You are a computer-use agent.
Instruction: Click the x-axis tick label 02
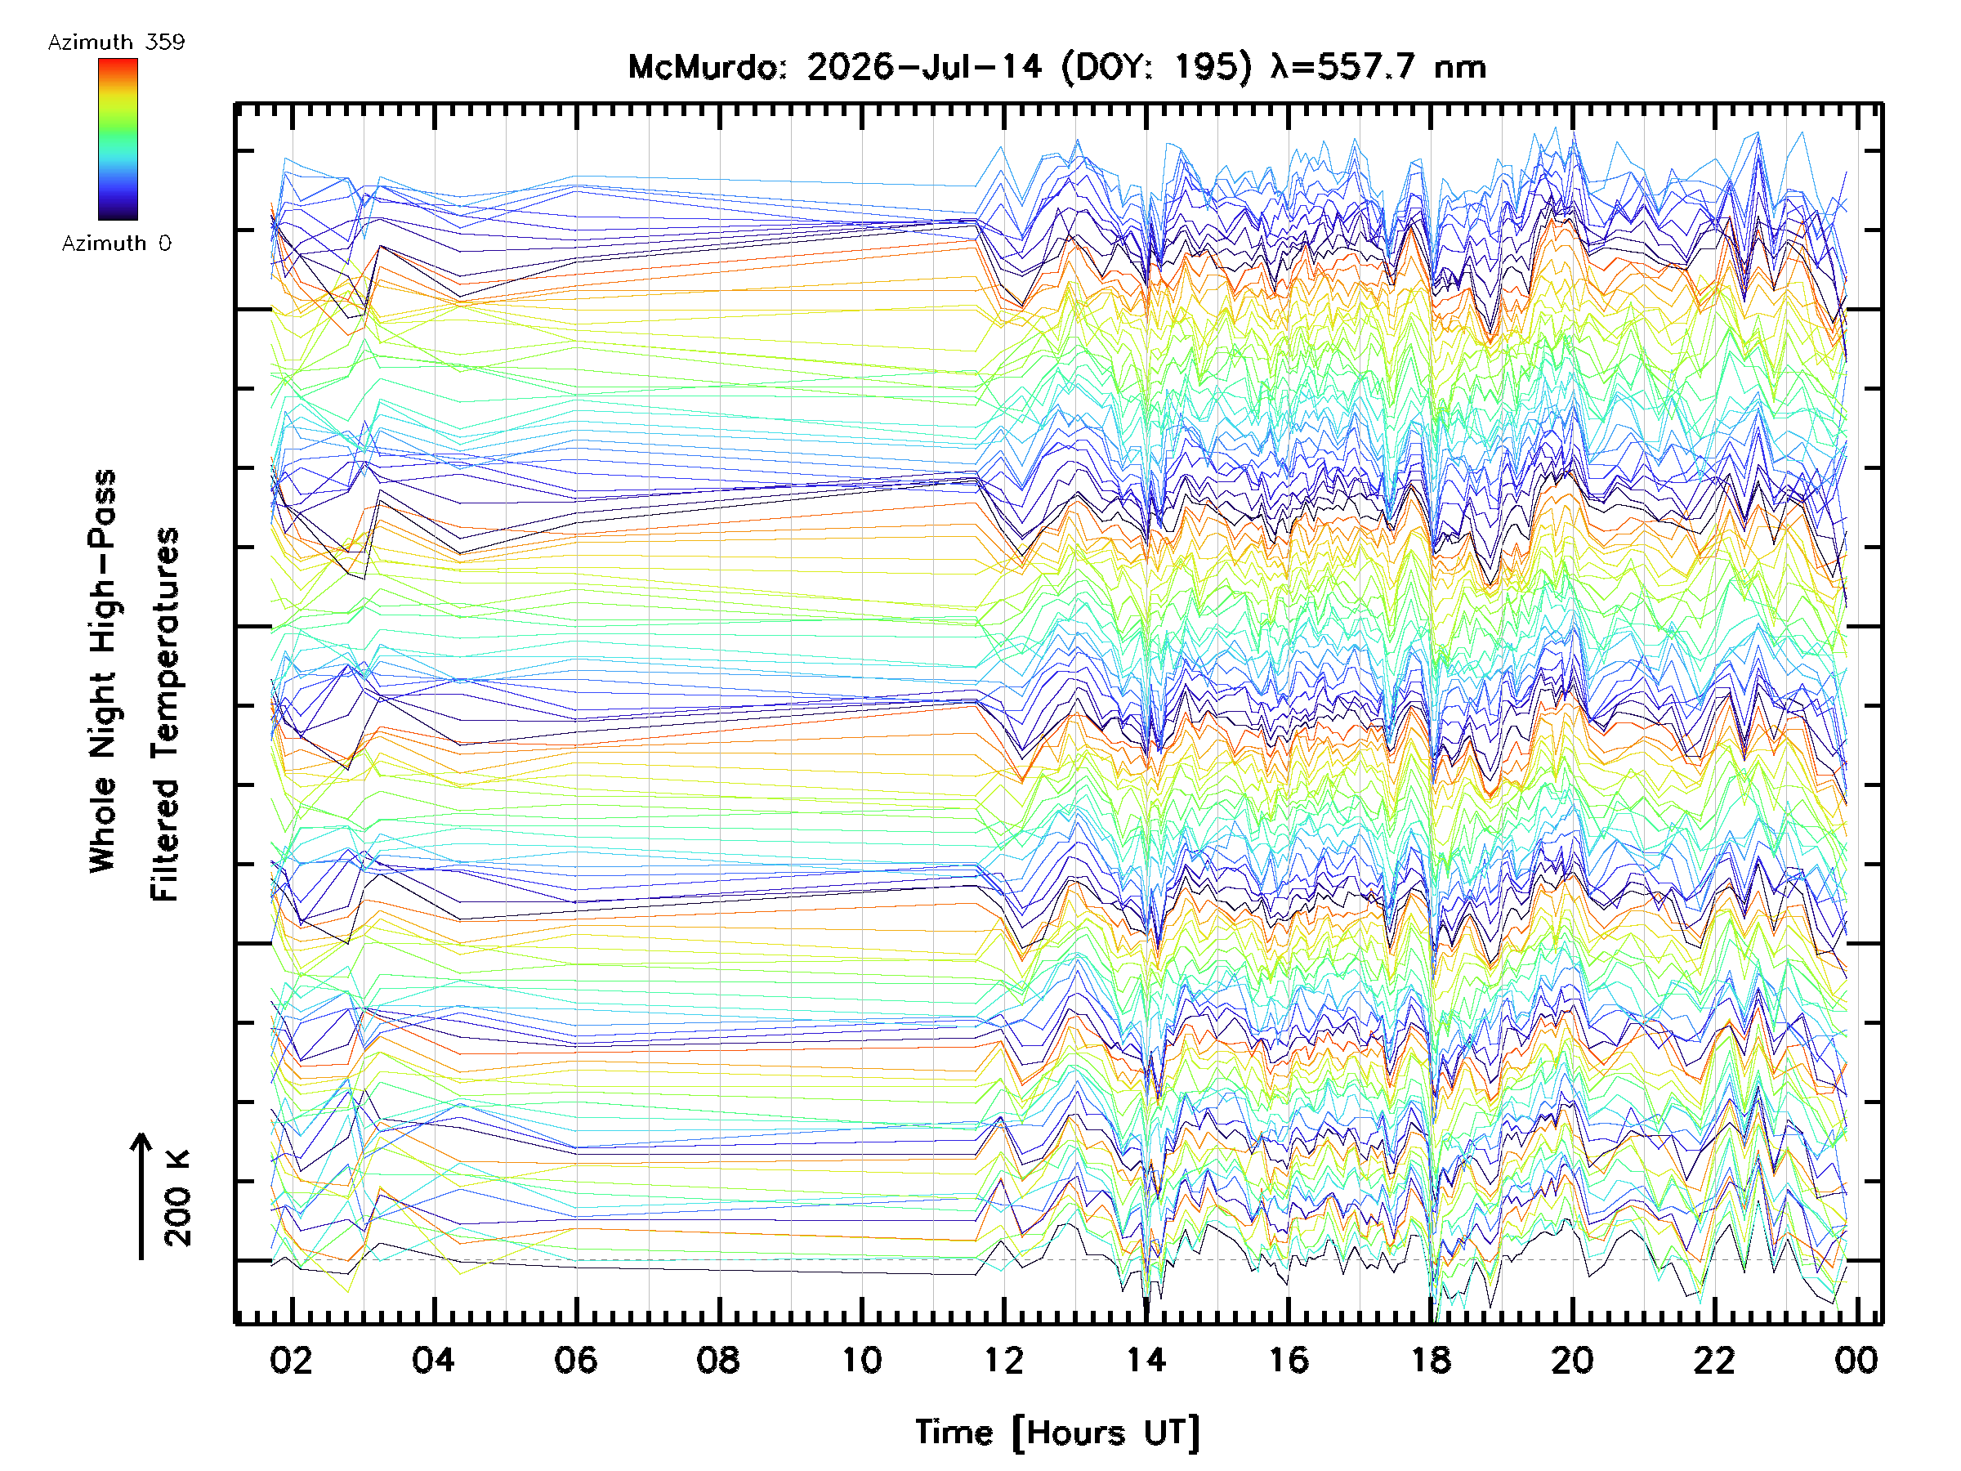(x=292, y=1360)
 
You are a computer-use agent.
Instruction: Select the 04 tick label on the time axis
(x=434, y=1360)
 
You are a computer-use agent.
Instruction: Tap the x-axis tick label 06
(x=576, y=1360)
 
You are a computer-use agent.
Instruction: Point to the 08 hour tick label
(x=718, y=1360)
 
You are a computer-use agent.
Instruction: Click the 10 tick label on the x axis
(x=861, y=1360)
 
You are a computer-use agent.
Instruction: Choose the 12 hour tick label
(x=1003, y=1360)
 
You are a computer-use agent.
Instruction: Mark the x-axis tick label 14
(x=1146, y=1360)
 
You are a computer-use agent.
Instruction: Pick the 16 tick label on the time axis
(x=1288, y=1360)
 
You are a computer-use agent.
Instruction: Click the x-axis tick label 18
(x=1430, y=1360)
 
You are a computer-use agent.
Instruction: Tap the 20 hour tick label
(x=1573, y=1360)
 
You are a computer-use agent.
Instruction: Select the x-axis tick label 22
(x=1714, y=1360)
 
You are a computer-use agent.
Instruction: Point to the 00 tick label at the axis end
(x=1856, y=1360)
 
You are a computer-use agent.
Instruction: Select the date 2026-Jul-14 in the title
(x=925, y=67)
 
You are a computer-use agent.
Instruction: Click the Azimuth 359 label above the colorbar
(x=116, y=42)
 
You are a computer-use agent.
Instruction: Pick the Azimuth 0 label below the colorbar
(x=116, y=243)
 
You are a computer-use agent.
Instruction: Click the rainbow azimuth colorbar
(x=118, y=139)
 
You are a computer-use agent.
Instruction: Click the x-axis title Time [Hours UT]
(x=1057, y=1433)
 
